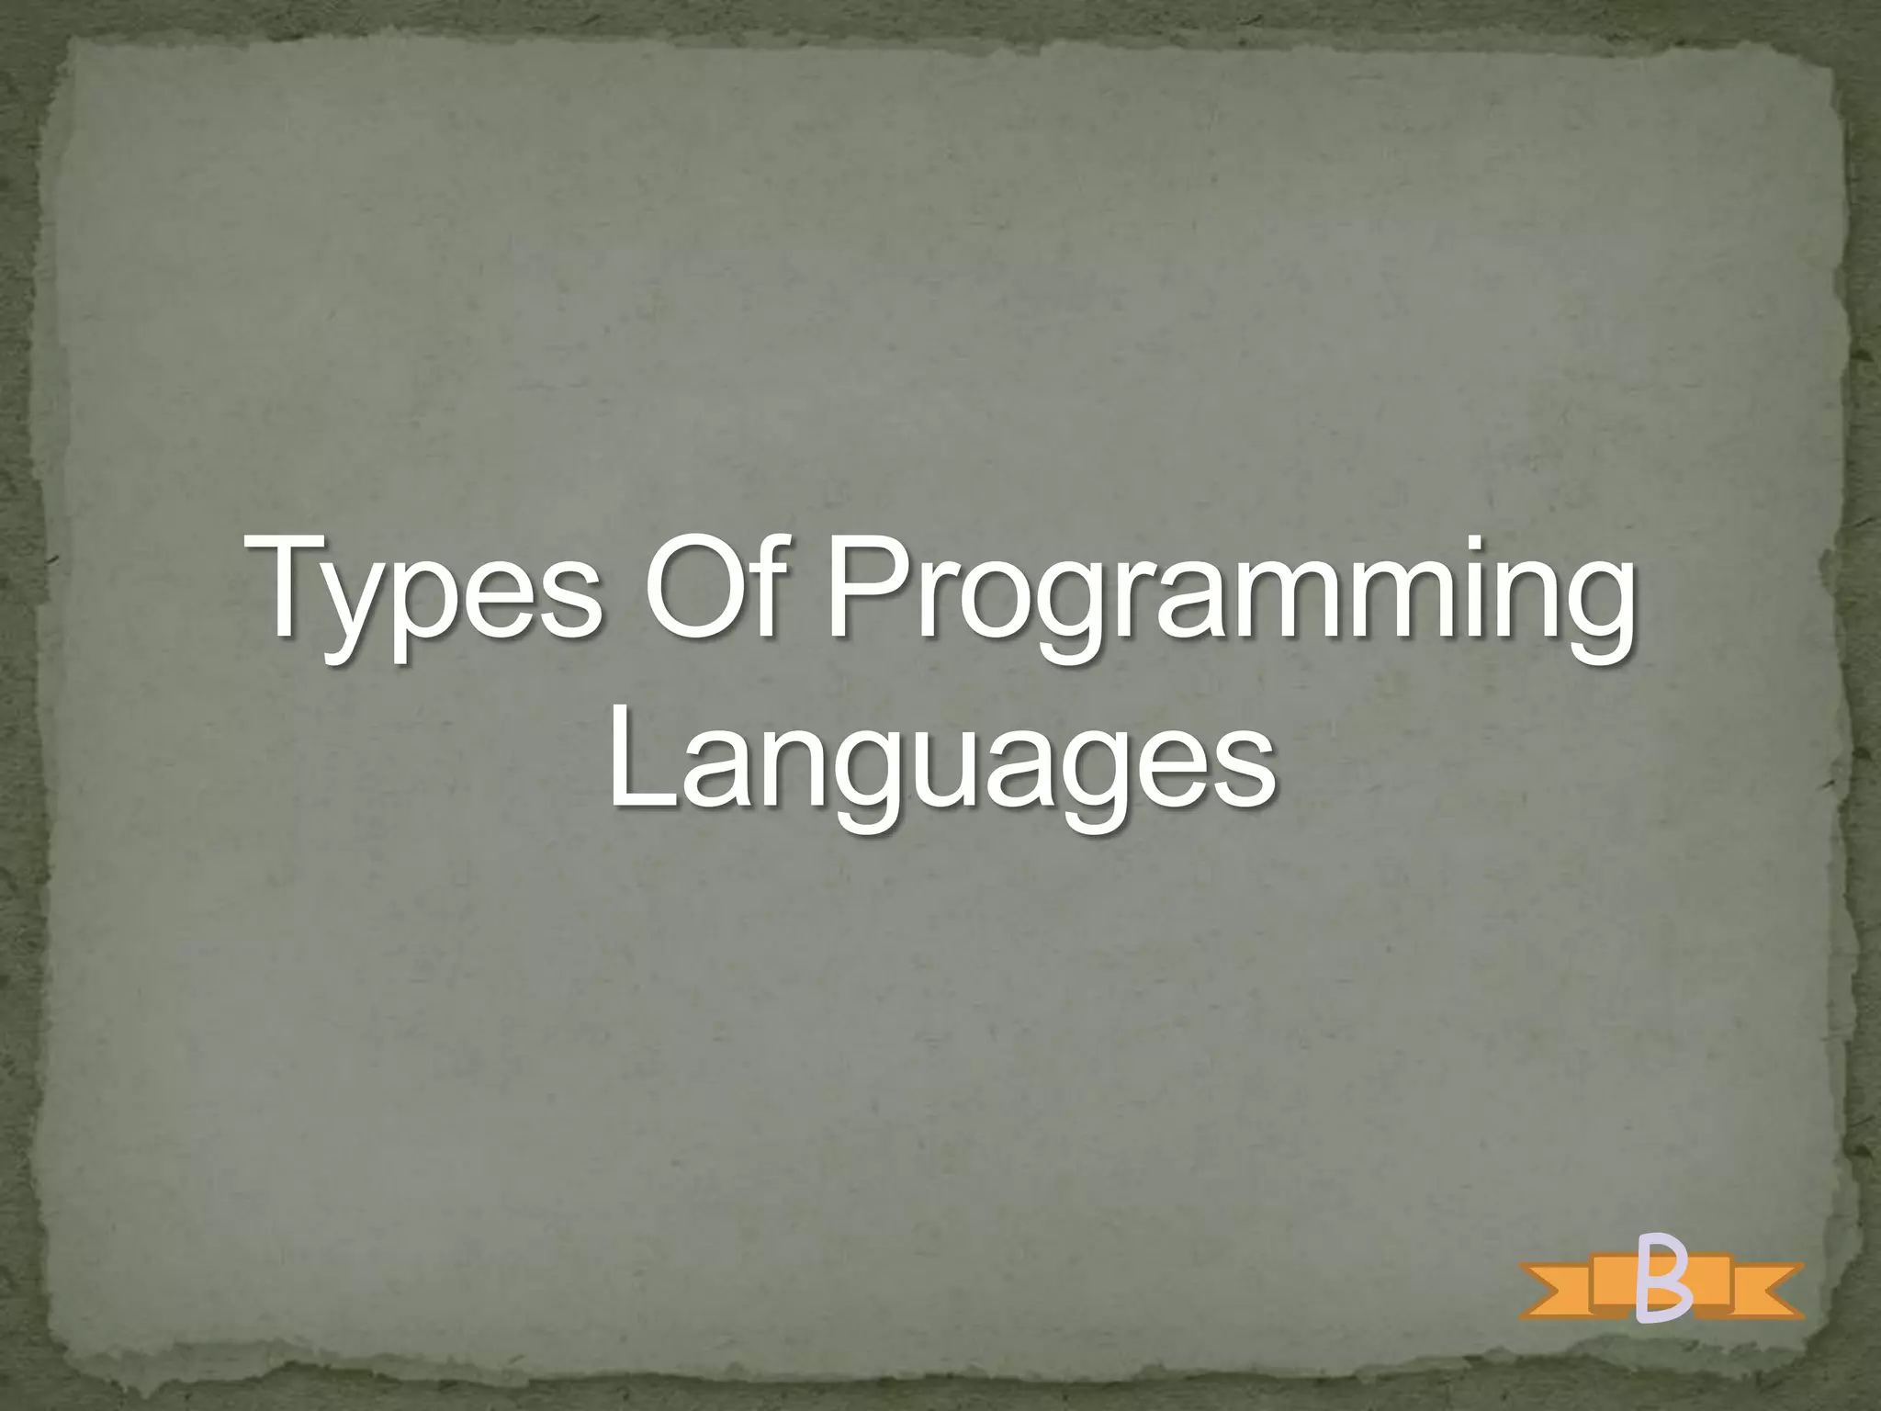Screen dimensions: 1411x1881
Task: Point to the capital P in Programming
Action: pos(869,588)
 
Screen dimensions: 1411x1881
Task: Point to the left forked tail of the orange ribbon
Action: pos(1552,1291)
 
